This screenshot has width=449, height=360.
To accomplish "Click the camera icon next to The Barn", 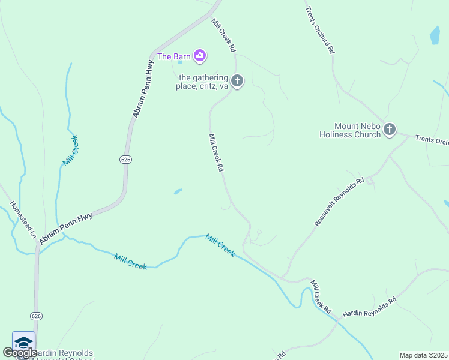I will pos(200,56).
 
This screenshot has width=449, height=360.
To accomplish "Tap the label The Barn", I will pos(174,57).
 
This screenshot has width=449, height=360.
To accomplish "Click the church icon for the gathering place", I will pos(237,80).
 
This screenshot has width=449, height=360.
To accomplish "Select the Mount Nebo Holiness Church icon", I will pos(390,129).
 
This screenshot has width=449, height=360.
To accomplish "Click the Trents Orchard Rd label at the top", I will pos(319,31).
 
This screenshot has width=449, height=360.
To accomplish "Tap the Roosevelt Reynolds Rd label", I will pos(339,202).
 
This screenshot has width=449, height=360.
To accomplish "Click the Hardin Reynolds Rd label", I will pos(370,307).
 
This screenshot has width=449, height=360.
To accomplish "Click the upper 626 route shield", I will pos(125,160).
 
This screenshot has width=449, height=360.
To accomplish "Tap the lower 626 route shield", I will pos(37,316).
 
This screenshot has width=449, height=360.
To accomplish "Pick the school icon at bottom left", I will pos(23,343).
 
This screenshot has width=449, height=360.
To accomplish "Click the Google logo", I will pos(20,353).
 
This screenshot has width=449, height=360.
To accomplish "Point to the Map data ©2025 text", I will pos(423,355).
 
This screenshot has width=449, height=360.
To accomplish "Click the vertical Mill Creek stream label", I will pos(70,151).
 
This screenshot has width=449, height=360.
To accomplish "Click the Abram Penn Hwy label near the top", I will pos(143,88).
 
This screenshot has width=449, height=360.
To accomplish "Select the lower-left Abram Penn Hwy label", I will pos(65,228).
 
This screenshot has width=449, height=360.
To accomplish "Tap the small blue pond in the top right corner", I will pos(435,35).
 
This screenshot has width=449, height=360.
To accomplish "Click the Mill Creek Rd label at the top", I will pos(223,35).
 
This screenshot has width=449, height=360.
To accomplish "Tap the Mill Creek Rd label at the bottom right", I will pos(321,296).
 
